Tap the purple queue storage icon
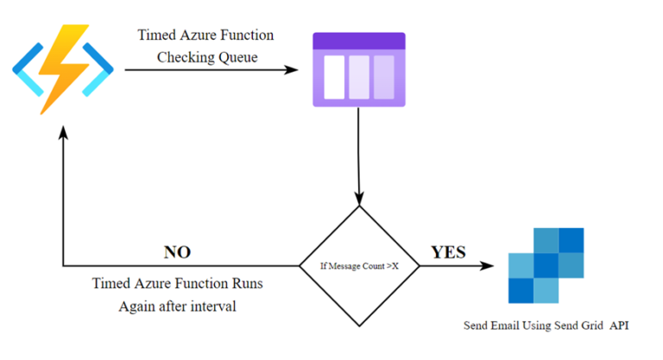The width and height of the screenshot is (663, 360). (358, 70)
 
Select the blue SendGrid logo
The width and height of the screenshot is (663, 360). (546, 266)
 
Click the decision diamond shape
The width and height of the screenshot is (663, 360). (358, 266)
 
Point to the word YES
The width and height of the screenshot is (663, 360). (448, 252)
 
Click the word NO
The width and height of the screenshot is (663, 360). (177, 252)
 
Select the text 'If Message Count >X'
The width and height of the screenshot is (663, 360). (358, 267)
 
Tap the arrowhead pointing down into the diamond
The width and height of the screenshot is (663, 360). (358, 197)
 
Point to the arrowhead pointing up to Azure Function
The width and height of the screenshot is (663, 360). (63, 130)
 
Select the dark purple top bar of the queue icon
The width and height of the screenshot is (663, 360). (358, 41)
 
